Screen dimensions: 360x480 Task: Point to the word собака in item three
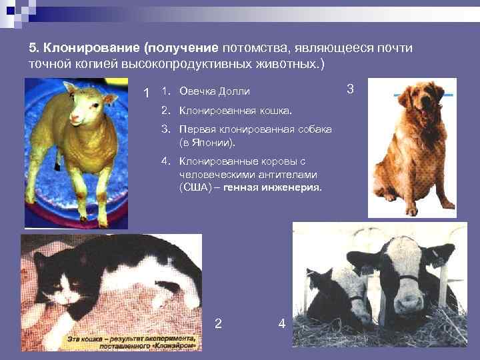point(313,129)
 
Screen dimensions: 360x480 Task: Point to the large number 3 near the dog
point(351,89)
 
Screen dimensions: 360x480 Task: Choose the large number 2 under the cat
point(218,324)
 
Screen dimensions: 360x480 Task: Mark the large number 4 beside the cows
point(281,324)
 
